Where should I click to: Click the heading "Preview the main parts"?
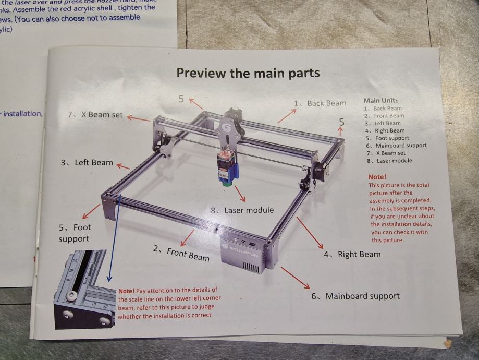(248, 73)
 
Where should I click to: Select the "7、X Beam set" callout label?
(95, 115)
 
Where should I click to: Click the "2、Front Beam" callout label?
(181, 253)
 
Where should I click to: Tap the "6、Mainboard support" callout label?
(355, 296)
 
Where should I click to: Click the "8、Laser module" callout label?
(242, 210)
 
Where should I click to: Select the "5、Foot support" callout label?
(75, 233)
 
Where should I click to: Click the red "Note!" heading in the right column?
(377, 177)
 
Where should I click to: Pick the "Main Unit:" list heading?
(380, 100)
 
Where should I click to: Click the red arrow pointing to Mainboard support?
(295, 278)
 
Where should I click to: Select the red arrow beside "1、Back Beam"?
(287, 115)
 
